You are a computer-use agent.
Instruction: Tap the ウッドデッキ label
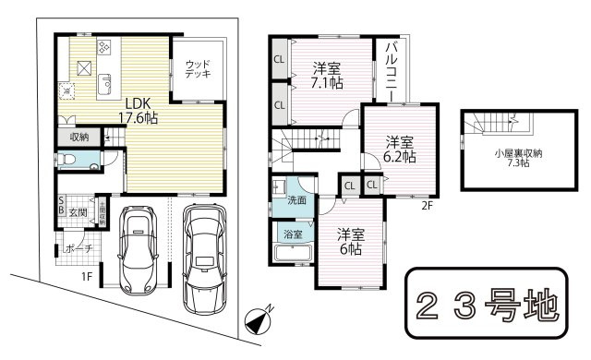197,68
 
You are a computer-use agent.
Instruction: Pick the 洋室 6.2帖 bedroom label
400,150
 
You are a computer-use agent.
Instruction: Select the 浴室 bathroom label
292,234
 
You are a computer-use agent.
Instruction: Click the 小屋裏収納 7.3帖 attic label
510,158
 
